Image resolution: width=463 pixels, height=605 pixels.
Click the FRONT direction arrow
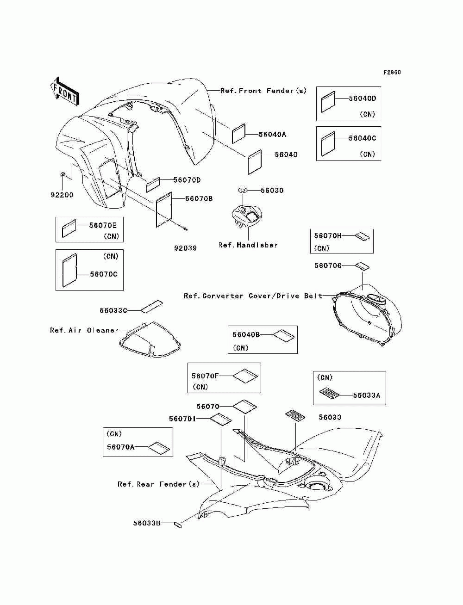click(65, 91)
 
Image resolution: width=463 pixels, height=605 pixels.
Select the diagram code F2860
click(392, 73)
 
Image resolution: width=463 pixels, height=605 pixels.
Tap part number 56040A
click(272, 135)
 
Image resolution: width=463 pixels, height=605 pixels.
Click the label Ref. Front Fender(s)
click(263, 91)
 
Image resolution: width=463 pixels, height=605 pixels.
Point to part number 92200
click(62, 195)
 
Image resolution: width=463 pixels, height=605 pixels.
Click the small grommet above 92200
click(63, 174)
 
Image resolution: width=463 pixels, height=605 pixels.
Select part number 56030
click(272, 191)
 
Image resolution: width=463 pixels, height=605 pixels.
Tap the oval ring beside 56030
click(243, 190)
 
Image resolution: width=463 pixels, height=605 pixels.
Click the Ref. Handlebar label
click(248, 245)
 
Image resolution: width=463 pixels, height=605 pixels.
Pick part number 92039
click(185, 248)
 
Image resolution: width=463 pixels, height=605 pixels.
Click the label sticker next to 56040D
click(328, 102)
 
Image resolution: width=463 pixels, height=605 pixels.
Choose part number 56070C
click(103, 274)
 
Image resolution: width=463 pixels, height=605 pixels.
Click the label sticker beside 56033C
click(152, 307)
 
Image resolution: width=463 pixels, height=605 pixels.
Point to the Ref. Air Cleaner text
click(84, 330)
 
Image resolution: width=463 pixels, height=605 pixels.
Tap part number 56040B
click(246, 334)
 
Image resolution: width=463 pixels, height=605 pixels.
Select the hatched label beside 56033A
click(329, 393)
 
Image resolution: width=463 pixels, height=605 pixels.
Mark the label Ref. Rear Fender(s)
click(158, 484)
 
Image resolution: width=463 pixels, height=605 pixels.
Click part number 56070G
click(328, 265)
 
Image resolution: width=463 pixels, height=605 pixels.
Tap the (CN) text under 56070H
click(322, 248)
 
